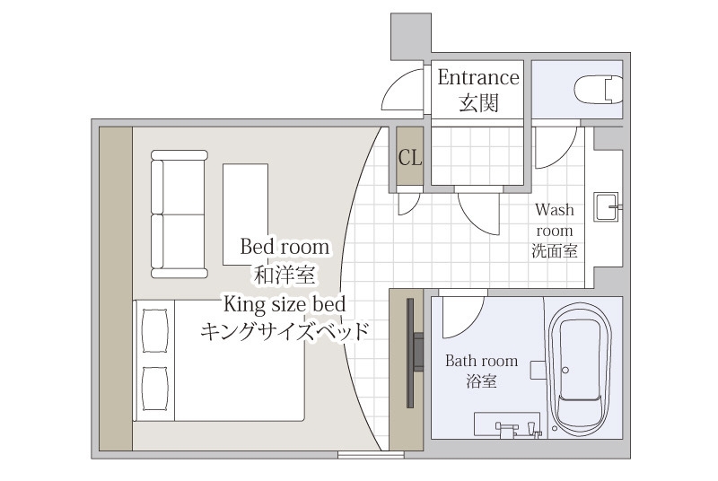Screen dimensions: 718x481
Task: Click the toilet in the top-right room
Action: [599, 89]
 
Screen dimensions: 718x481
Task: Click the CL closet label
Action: [410, 158]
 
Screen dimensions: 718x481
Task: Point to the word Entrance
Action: [478, 77]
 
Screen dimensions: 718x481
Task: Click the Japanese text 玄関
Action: [478, 102]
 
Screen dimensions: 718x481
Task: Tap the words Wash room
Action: [555, 220]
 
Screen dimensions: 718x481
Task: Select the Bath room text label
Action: [481, 361]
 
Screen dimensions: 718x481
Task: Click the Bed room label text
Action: [285, 247]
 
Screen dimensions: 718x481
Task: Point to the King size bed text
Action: [285, 304]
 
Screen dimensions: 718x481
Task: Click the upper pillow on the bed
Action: [155, 330]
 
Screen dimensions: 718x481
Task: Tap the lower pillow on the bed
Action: [155, 388]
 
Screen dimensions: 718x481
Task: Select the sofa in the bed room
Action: [179, 214]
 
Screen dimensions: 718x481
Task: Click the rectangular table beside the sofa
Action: [245, 214]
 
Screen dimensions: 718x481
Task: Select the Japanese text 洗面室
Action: [555, 250]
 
